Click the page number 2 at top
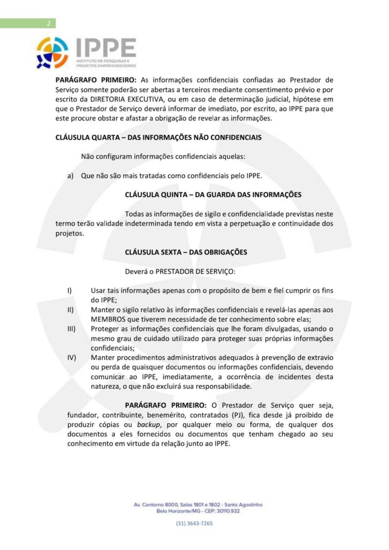coord(49,23)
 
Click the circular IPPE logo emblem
coord(52,53)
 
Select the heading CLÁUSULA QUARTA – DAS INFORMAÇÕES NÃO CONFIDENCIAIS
coord(159,137)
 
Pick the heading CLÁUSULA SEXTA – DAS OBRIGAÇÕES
coord(186,251)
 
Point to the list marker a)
coord(70,176)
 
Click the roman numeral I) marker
coord(69,291)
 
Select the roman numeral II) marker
coord(70,310)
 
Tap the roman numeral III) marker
coord(71,329)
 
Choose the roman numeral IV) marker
coord(71,357)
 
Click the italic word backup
coord(149,425)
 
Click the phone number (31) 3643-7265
coord(194,523)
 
